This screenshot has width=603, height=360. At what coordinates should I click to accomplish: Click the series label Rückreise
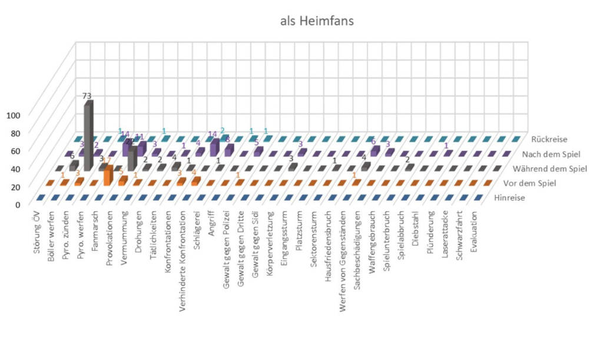pyautogui.click(x=549, y=140)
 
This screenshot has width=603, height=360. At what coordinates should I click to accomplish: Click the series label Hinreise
pyautogui.click(x=519, y=198)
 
